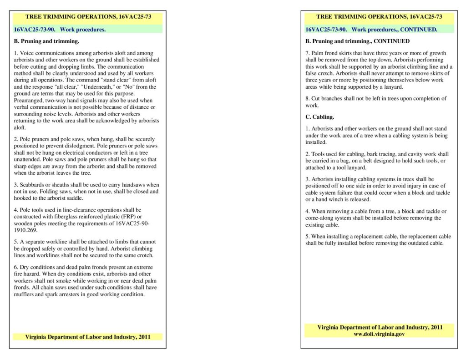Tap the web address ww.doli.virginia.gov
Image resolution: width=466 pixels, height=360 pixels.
pyautogui.click(x=379, y=334)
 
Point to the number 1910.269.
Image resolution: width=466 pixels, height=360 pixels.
pyautogui.click(x=27, y=230)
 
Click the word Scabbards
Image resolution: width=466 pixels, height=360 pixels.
pyautogui.click(x=34, y=185)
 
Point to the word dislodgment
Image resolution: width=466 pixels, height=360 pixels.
pyautogui.click(x=94, y=146)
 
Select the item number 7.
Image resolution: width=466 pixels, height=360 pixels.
pyautogui.click(x=307, y=53)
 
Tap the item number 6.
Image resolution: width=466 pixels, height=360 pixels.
pyautogui.click(x=16, y=267)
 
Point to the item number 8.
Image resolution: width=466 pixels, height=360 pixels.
pyautogui.click(x=307, y=98)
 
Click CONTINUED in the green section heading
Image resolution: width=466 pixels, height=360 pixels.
pyautogui.click(x=419, y=30)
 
